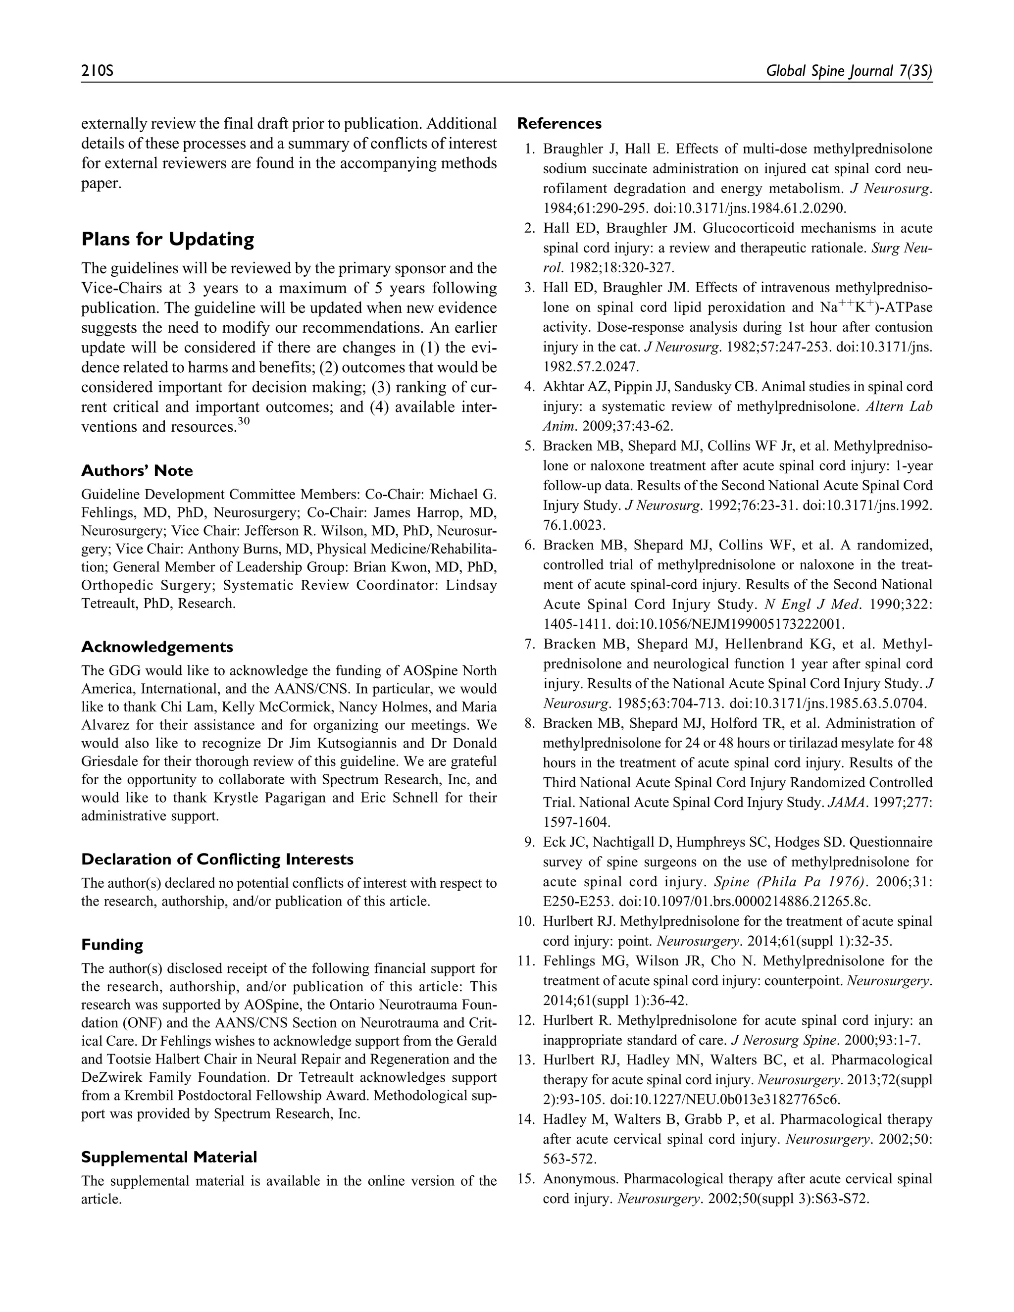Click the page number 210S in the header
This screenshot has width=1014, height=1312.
(x=98, y=71)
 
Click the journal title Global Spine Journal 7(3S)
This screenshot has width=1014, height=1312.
(x=849, y=71)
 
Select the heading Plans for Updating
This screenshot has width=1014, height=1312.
(x=168, y=239)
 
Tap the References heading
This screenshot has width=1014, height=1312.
(x=559, y=124)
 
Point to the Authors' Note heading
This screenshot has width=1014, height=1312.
(x=137, y=470)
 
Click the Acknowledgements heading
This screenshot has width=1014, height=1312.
(x=157, y=647)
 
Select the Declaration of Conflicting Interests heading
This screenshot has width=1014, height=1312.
(x=217, y=859)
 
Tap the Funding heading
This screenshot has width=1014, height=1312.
(x=112, y=945)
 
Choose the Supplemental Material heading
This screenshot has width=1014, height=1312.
(x=169, y=1158)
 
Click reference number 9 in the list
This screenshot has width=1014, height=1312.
(x=529, y=843)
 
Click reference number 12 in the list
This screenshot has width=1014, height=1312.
(x=526, y=1021)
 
